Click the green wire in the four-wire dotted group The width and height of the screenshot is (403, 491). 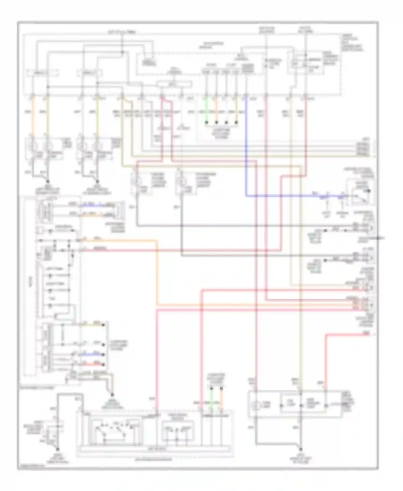pos(206,110)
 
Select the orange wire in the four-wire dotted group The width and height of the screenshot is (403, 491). pos(216,110)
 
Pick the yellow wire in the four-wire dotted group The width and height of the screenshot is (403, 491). pos(236,110)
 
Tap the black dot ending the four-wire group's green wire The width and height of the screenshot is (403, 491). pos(206,122)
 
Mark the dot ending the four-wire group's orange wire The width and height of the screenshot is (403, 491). pos(216,122)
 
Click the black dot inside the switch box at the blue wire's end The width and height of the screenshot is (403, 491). pos(369,191)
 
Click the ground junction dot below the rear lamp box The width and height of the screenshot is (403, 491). pos(300,449)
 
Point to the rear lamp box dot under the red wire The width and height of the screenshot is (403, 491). pos(325,405)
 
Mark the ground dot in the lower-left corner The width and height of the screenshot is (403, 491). pos(57,449)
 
